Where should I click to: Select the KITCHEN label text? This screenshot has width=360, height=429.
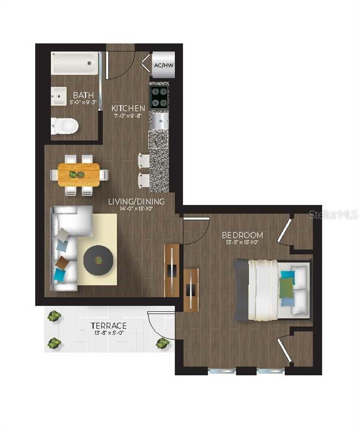(128, 108)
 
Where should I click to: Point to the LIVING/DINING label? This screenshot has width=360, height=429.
(136, 202)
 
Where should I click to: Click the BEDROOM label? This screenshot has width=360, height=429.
(242, 235)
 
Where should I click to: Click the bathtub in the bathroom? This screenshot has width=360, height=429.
(75, 65)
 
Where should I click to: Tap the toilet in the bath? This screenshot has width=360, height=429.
(63, 126)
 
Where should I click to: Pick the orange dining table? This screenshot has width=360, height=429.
(78, 174)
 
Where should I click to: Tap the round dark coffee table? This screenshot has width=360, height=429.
(99, 260)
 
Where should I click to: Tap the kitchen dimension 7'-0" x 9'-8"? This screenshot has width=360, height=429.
(128, 117)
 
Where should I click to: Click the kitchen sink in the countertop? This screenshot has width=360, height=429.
(160, 118)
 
